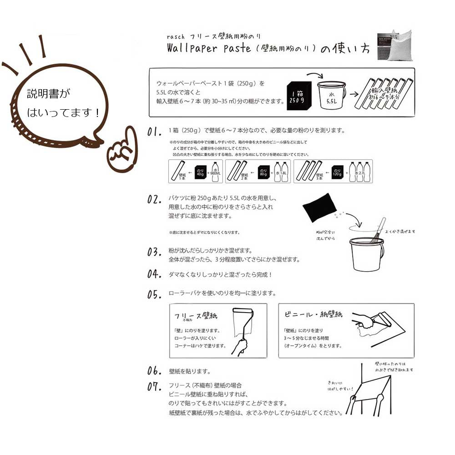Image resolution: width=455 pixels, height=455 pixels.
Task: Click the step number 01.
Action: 154,132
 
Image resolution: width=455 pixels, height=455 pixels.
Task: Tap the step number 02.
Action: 155,200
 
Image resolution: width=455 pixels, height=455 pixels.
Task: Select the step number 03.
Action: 155,252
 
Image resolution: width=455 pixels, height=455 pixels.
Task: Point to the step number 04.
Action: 155,274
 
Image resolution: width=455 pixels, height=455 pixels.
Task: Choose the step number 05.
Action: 155,294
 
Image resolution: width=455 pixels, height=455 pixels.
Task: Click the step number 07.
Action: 155,387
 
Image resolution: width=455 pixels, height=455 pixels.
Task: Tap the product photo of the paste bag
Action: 396,45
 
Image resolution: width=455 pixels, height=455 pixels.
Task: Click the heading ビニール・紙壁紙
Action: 313,314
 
